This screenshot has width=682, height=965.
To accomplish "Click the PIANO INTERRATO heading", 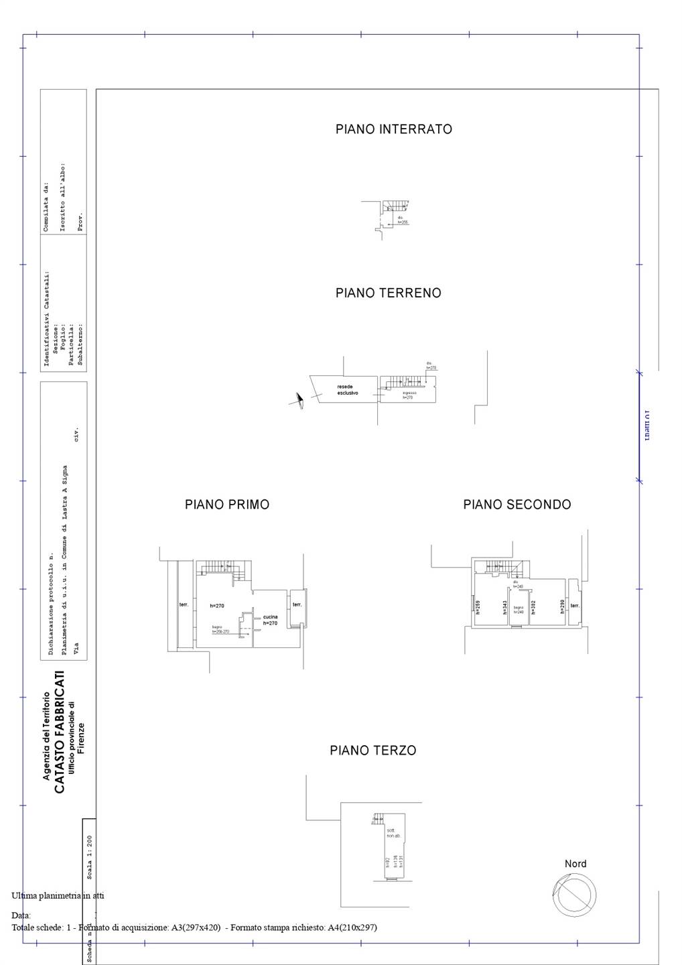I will point(393,129).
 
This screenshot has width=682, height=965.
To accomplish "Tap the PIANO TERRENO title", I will point(388,293).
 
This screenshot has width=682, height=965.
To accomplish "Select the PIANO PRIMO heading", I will point(227,505).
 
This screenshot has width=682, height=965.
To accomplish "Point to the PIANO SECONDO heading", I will point(517,505).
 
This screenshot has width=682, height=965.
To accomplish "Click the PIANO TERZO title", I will point(372,751).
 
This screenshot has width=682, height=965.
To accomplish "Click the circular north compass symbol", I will point(574,895).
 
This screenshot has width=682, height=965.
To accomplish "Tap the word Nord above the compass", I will point(575,864).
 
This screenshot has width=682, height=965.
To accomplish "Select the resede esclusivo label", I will point(347,390).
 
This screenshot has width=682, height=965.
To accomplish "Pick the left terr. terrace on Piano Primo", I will point(184,605).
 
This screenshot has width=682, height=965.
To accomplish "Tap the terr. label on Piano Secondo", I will point(574,606).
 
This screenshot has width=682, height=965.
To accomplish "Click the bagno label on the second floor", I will point(519,610).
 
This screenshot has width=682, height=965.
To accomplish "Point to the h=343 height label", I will point(504,607).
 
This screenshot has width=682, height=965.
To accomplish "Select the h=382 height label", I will point(533,607).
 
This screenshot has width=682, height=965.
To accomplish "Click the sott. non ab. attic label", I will point(393,833).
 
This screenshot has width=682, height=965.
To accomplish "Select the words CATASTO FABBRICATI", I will point(60,732).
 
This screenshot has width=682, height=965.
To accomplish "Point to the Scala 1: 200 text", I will point(90,856).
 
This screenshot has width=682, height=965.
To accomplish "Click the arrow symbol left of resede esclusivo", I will point(298,401).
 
